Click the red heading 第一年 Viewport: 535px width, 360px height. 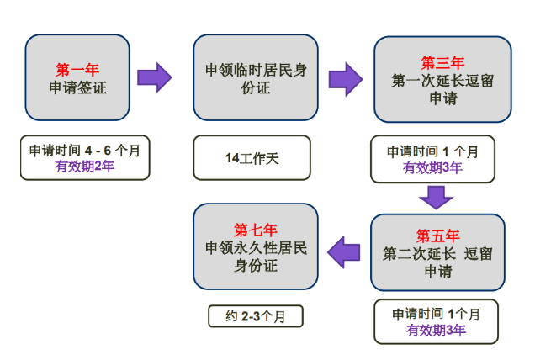pyautogui.click(x=77, y=70)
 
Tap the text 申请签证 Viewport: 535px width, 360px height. pyautogui.click(x=77, y=87)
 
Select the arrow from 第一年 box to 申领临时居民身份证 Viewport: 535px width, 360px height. pyautogui.click(x=154, y=77)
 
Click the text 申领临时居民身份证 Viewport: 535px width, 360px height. pyautogui.click(x=256, y=79)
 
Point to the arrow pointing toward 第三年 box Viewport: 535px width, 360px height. pyautogui.click(x=345, y=79)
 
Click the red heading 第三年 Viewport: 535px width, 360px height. pyautogui.click(x=442, y=63)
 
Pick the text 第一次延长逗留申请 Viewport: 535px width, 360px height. pyautogui.click(x=442, y=90)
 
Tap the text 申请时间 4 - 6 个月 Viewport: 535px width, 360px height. pyautogui.click(x=85, y=151)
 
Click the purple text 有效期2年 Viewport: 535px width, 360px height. pyautogui.click(x=85, y=167)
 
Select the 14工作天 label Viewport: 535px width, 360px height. pyautogui.click(x=252, y=158)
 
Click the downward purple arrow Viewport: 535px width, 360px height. pyautogui.click(x=436, y=198)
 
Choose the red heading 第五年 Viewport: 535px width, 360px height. pyautogui.click(x=437, y=236)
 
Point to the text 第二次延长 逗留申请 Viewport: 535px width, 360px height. pyautogui.click(x=437, y=262)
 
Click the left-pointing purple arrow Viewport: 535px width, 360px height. pyautogui.click(x=343, y=252)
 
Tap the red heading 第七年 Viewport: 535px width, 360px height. pyautogui.click(x=256, y=230)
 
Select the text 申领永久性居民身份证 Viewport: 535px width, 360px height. pyautogui.click(x=256, y=257)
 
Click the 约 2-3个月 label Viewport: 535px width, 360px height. pyautogui.click(x=256, y=316)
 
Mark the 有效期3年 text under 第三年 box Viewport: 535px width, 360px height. pyautogui.click(x=432, y=168)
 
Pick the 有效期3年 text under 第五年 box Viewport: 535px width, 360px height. pyautogui.click(x=436, y=331)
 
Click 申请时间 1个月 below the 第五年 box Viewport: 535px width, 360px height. pyautogui.click(x=436, y=315)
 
